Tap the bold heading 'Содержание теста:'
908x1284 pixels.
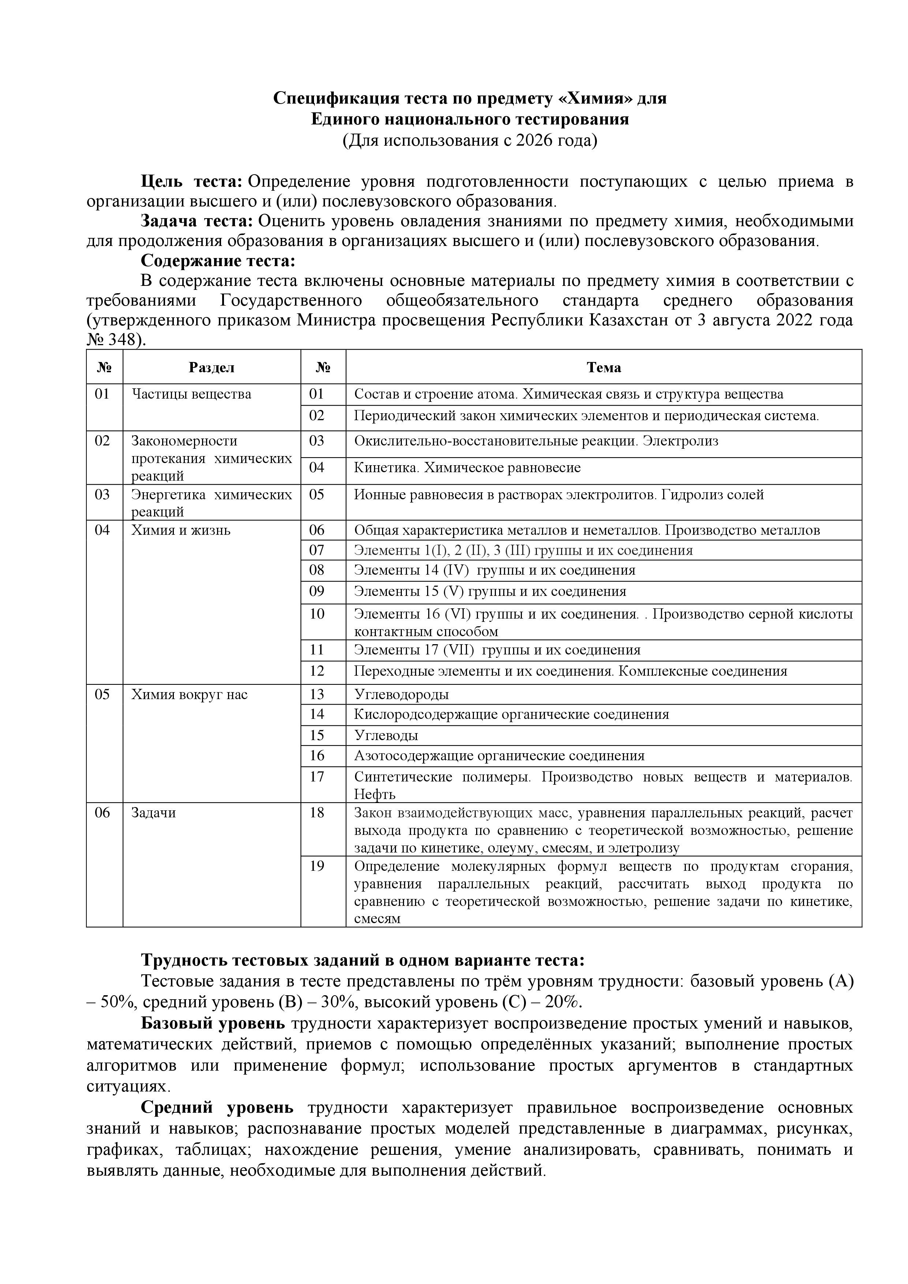(x=217, y=261)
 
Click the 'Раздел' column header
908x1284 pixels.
(x=211, y=367)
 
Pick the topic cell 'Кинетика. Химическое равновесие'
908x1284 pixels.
(x=467, y=467)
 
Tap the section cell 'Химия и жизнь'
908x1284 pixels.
(x=180, y=530)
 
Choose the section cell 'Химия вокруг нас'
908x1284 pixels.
(x=189, y=695)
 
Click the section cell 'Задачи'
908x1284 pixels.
(x=153, y=813)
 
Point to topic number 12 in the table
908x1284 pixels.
(x=317, y=671)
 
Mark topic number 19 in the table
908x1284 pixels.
(x=317, y=866)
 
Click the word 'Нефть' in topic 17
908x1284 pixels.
(x=374, y=794)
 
